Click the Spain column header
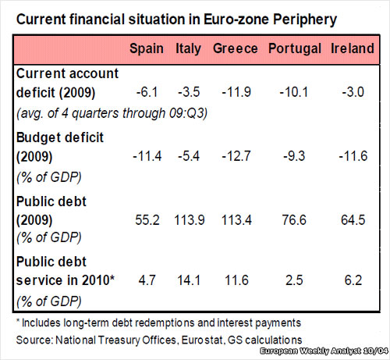coord(146,48)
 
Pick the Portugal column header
coord(296,48)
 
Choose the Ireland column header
coord(353,48)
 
